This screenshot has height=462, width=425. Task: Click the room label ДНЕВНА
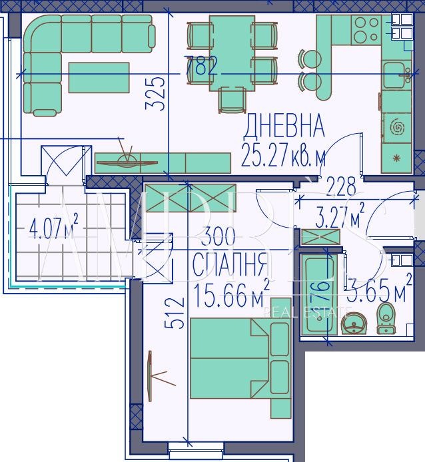tap(284, 125)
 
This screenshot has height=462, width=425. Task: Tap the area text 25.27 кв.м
tap(284, 157)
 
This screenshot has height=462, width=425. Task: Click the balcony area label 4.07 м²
tap(53, 230)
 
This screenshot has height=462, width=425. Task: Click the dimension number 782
tap(201, 67)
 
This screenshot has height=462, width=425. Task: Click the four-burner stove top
tap(365, 29)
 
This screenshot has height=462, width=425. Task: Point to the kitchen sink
tap(396, 74)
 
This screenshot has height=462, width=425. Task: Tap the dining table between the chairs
tap(231, 53)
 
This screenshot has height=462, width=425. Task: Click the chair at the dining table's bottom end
tap(231, 101)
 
